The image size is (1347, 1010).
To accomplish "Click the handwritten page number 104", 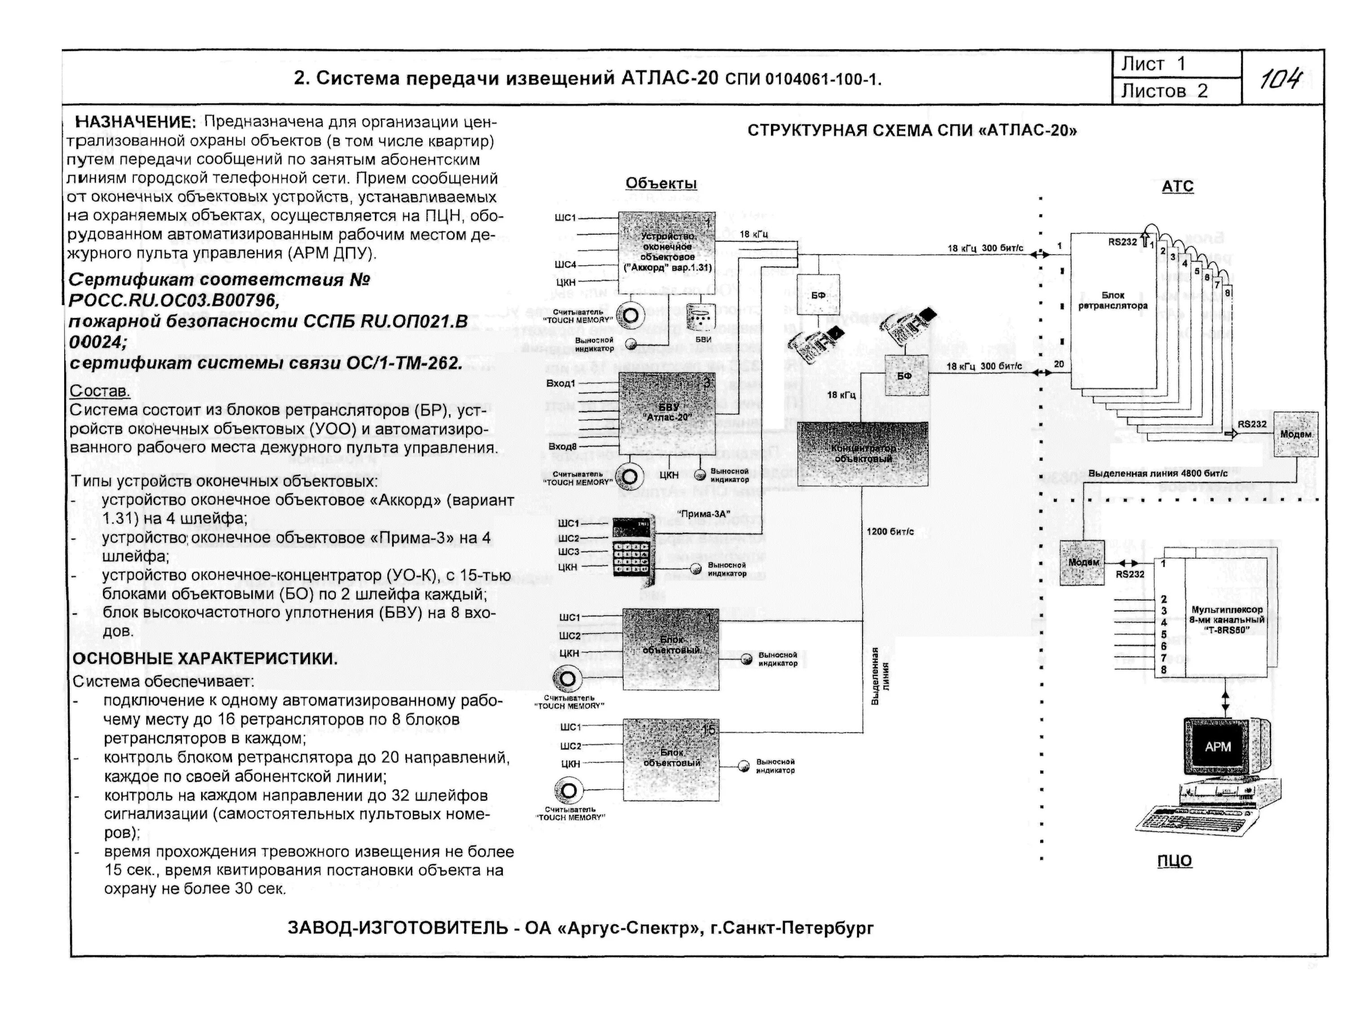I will [x=1281, y=79].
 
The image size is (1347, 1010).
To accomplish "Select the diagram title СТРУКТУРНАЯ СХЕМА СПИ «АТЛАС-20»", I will [x=911, y=131].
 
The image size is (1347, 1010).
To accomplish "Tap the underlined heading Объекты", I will [x=661, y=183].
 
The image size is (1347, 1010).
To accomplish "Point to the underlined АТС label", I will [x=1177, y=186].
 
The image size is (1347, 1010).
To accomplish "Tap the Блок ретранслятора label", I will [x=1113, y=301].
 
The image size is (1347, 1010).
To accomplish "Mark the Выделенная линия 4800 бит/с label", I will [x=1158, y=473].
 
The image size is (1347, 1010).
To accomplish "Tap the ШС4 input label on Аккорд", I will [x=565, y=265].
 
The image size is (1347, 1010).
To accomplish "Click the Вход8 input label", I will [x=561, y=448].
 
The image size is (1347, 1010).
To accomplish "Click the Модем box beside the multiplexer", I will [x=1082, y=562].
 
